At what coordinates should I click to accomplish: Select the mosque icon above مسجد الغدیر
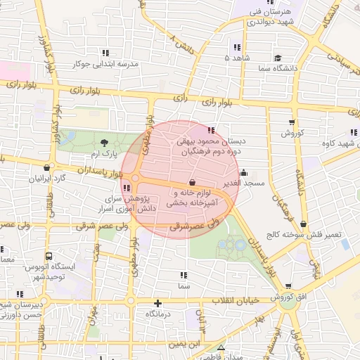click(243, 173)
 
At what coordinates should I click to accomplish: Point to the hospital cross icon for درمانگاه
click(157, 304)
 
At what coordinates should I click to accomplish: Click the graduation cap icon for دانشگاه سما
click(278, 58)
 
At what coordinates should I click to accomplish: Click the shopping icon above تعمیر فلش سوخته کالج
click(304, 224)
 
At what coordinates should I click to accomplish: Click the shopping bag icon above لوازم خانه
click(193, 182)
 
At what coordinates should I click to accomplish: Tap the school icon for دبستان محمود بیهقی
click(212, 129)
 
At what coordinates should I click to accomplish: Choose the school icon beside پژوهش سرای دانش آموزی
click(127, 188)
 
